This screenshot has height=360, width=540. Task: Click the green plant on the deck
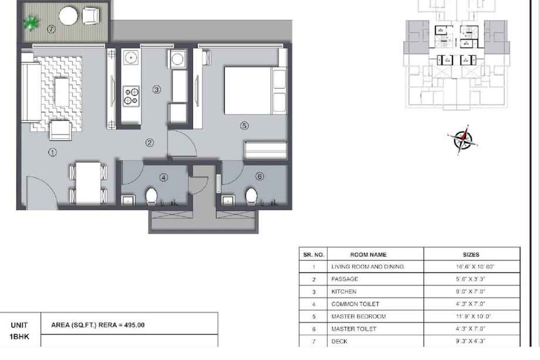pyautogui.click(x=31, y=23)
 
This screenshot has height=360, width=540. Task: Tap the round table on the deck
pyautogui.click(x=68, y=16)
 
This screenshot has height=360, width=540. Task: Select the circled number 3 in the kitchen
pyautogui.click(x=157, y=90)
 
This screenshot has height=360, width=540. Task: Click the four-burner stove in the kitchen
pyautogui.click(x=131, y=96)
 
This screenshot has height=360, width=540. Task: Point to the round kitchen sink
pyautogui.click(x=131, y=57)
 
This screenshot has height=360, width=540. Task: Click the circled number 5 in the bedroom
pyautogui.click(x=244, y=126)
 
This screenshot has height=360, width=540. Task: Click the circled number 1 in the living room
pyautogui.click(x=52, y=152)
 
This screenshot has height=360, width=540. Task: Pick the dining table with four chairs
pyautogui.click(x=88, y=183)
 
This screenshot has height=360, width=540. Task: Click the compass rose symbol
pyautogui.click(x=463, y=140)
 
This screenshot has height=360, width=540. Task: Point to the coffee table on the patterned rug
pyautogui.click(x=62, y=92)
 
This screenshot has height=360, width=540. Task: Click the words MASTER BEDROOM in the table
pyautogui.click(x=359, y=317)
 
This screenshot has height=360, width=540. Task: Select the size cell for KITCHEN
pyautogui.click(x=471, y=292)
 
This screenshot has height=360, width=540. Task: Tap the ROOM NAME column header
pyautogui.click(x=368, y=254)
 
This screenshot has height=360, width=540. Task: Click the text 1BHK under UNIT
pyautogui.click(x=19, y=337)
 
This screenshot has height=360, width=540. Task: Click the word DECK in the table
pyautogui.click(x=339, y=341)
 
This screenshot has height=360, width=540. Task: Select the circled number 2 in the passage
pyautogui.click(x=150, y=142)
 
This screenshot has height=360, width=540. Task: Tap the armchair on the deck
pyautogui.click(x=90, y=16)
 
